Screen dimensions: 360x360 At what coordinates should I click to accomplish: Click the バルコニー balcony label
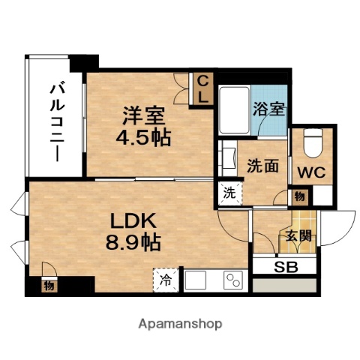[56, 121]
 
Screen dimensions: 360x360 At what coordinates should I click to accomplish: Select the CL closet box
[202, 88]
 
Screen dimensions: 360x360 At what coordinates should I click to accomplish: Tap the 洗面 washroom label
[262, 166]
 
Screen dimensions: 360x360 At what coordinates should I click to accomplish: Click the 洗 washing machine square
[228, 192]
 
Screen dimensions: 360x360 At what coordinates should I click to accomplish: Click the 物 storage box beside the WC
[299, 196]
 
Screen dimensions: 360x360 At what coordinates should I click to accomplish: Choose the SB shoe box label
[284, 266]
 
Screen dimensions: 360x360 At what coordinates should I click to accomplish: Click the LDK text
[133, 222]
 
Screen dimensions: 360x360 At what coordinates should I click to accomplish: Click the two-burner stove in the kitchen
[234, 281]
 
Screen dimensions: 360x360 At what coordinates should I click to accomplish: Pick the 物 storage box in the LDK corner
[49, 285]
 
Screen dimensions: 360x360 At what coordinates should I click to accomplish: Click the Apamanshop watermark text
[179, 324]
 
